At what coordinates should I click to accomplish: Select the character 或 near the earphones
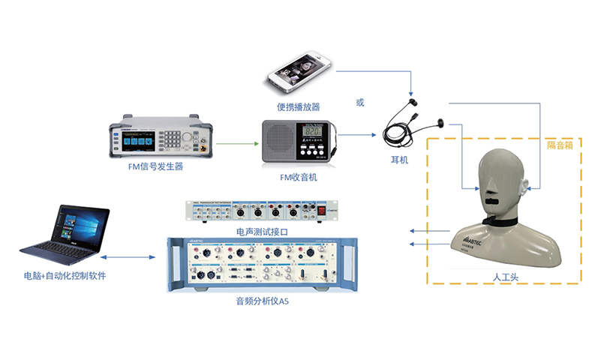(x=360, y=102)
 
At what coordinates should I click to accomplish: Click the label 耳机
(x=400, y=160)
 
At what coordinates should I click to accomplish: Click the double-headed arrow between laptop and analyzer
(x=138, y=258)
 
